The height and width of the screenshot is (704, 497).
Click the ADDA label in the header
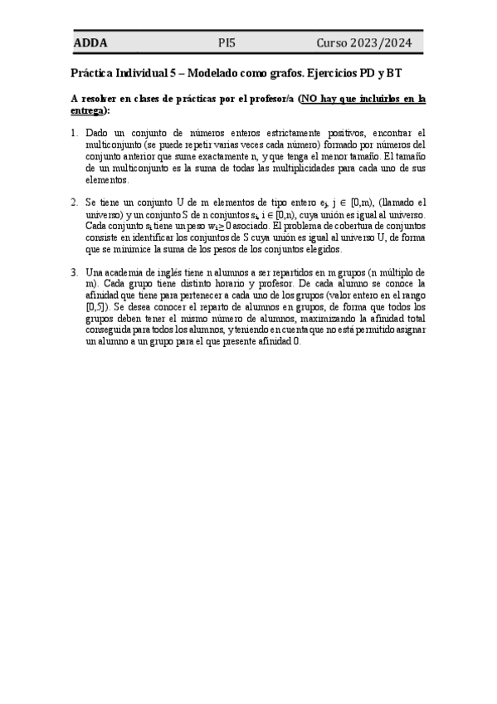click(90, 43)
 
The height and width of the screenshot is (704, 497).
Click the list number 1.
click(74, 133)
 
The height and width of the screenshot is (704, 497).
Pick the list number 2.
click(74, 202)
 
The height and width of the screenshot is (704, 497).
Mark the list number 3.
click(74, 271)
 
